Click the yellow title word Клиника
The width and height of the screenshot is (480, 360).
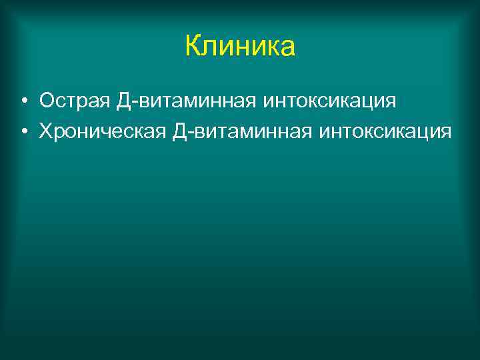(x=239, y=47)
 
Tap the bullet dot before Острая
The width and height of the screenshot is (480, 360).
(x=23, y=102)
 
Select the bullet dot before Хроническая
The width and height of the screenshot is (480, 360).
(x=23, y=131)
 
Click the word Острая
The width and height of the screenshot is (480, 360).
(x=73, y=101)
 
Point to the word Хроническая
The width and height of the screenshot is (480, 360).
(x=101, y=131)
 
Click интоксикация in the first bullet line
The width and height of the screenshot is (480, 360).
(x=330, y=101)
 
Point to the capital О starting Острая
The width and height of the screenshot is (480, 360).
(x=47, y=101)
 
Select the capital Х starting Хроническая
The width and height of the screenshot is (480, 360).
(x=46, y=131)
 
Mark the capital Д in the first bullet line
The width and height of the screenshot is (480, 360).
(x=123, y=101)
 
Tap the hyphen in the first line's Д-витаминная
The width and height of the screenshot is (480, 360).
(x=133, y=103)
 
